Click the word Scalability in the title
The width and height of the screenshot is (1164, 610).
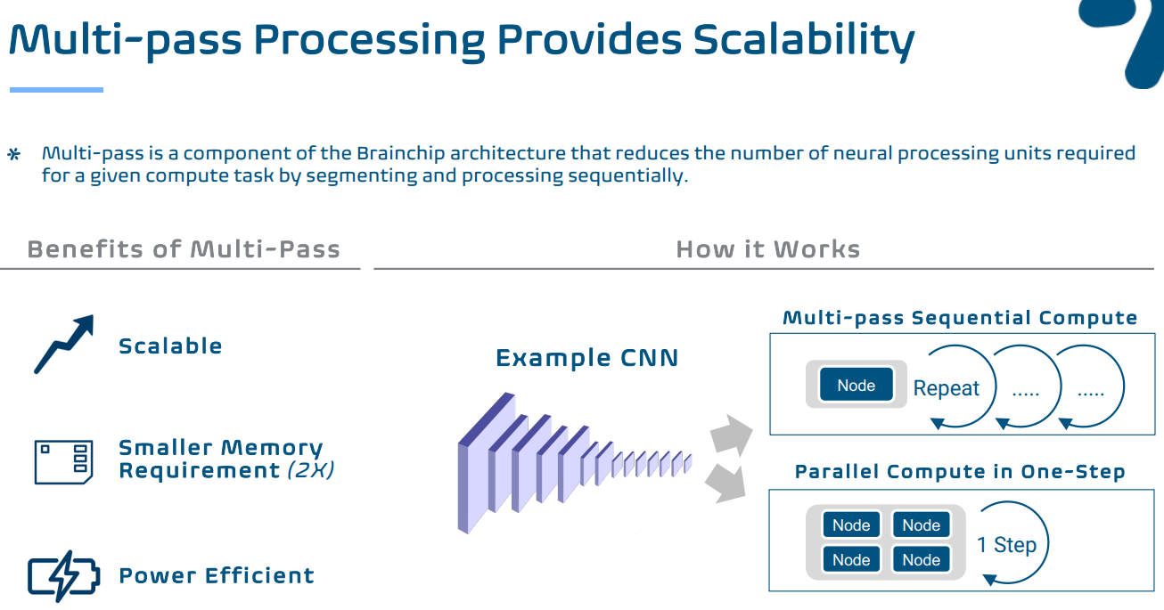tap(804, 41)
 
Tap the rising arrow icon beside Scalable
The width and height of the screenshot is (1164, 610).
tap(63, 344)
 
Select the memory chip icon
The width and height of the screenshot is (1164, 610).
tap(63, 460)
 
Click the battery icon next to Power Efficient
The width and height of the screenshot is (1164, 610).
tap(63, 575)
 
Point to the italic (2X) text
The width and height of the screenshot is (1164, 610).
tap(310, 471)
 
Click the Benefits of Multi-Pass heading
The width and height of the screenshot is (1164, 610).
tap(184, 249)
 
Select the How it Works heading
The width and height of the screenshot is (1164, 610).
tap(767, 249)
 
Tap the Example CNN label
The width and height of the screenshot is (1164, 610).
tap(586, 358)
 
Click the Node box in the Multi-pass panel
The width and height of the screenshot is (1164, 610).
tap(856, 386)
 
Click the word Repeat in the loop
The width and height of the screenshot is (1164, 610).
tap(946, 388)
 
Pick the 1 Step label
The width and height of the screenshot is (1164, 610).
tap(1006, 545)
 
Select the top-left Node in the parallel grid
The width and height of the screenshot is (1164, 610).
tap(851, 525)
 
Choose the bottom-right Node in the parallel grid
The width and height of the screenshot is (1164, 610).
tap(921, 560)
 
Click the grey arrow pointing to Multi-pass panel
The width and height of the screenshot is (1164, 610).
tap(731, 435)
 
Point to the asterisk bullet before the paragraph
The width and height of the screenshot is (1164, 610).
tap(14, 156)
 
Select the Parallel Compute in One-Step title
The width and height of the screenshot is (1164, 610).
tap(959, 472)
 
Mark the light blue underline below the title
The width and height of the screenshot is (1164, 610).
tap(56, 90)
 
